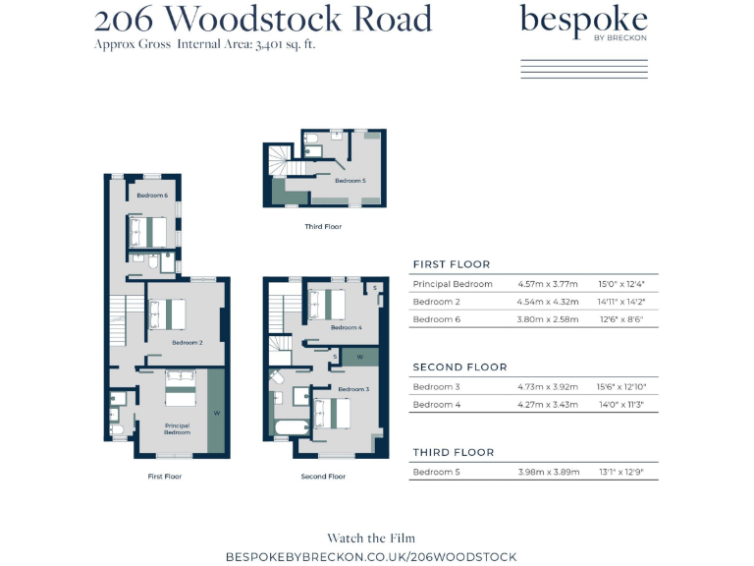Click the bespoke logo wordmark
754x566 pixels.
point(583,21)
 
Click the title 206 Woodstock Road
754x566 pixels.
point(263,19)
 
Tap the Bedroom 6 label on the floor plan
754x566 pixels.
point(152,196)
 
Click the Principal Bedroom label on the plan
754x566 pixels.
point(177,429)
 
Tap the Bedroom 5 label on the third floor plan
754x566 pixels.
point(350,181)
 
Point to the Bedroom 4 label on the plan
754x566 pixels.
point(347,327)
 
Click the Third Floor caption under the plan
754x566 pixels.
point(323,226)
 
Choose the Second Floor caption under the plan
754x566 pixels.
point(323,477)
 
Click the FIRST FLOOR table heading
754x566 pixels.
point(452,264)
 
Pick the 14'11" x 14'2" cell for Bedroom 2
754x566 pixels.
point(620,302)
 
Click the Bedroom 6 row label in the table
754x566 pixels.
point(436,319)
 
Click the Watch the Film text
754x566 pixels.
point(371,538)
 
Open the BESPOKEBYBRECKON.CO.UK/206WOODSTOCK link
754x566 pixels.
point(371,556)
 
